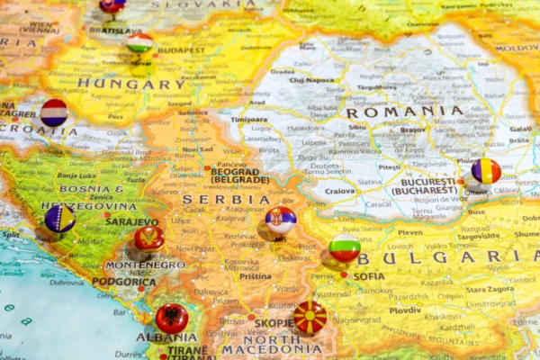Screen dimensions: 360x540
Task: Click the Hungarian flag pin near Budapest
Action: pos(139,42)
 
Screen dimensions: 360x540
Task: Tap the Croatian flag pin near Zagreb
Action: pos(54,112)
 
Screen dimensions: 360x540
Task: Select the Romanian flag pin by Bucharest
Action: pos(486,170)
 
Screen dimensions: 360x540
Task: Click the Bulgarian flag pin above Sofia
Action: pos(344,247)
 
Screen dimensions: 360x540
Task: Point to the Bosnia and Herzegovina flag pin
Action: pos(60,218)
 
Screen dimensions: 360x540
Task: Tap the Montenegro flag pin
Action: pos(148,238)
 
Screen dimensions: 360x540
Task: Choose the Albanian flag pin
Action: pos(172,318)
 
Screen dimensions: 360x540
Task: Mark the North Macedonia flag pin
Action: pos(310,318)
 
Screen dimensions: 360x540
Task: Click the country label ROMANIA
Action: pos(405,112)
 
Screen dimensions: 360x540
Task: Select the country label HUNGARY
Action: pos(131,84)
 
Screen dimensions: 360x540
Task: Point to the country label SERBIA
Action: pos(213,199)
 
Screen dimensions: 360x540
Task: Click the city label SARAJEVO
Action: pos(131,221)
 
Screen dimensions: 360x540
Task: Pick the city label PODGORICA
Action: pos(124,282)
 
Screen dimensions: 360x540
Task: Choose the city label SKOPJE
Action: pos(274,322)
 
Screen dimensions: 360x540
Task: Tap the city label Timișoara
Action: pos(248,119)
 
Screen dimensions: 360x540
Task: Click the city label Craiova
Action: pos(339,191)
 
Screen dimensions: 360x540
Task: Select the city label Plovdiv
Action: pos(405,310)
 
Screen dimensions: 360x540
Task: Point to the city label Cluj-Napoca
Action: pos(311,80)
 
